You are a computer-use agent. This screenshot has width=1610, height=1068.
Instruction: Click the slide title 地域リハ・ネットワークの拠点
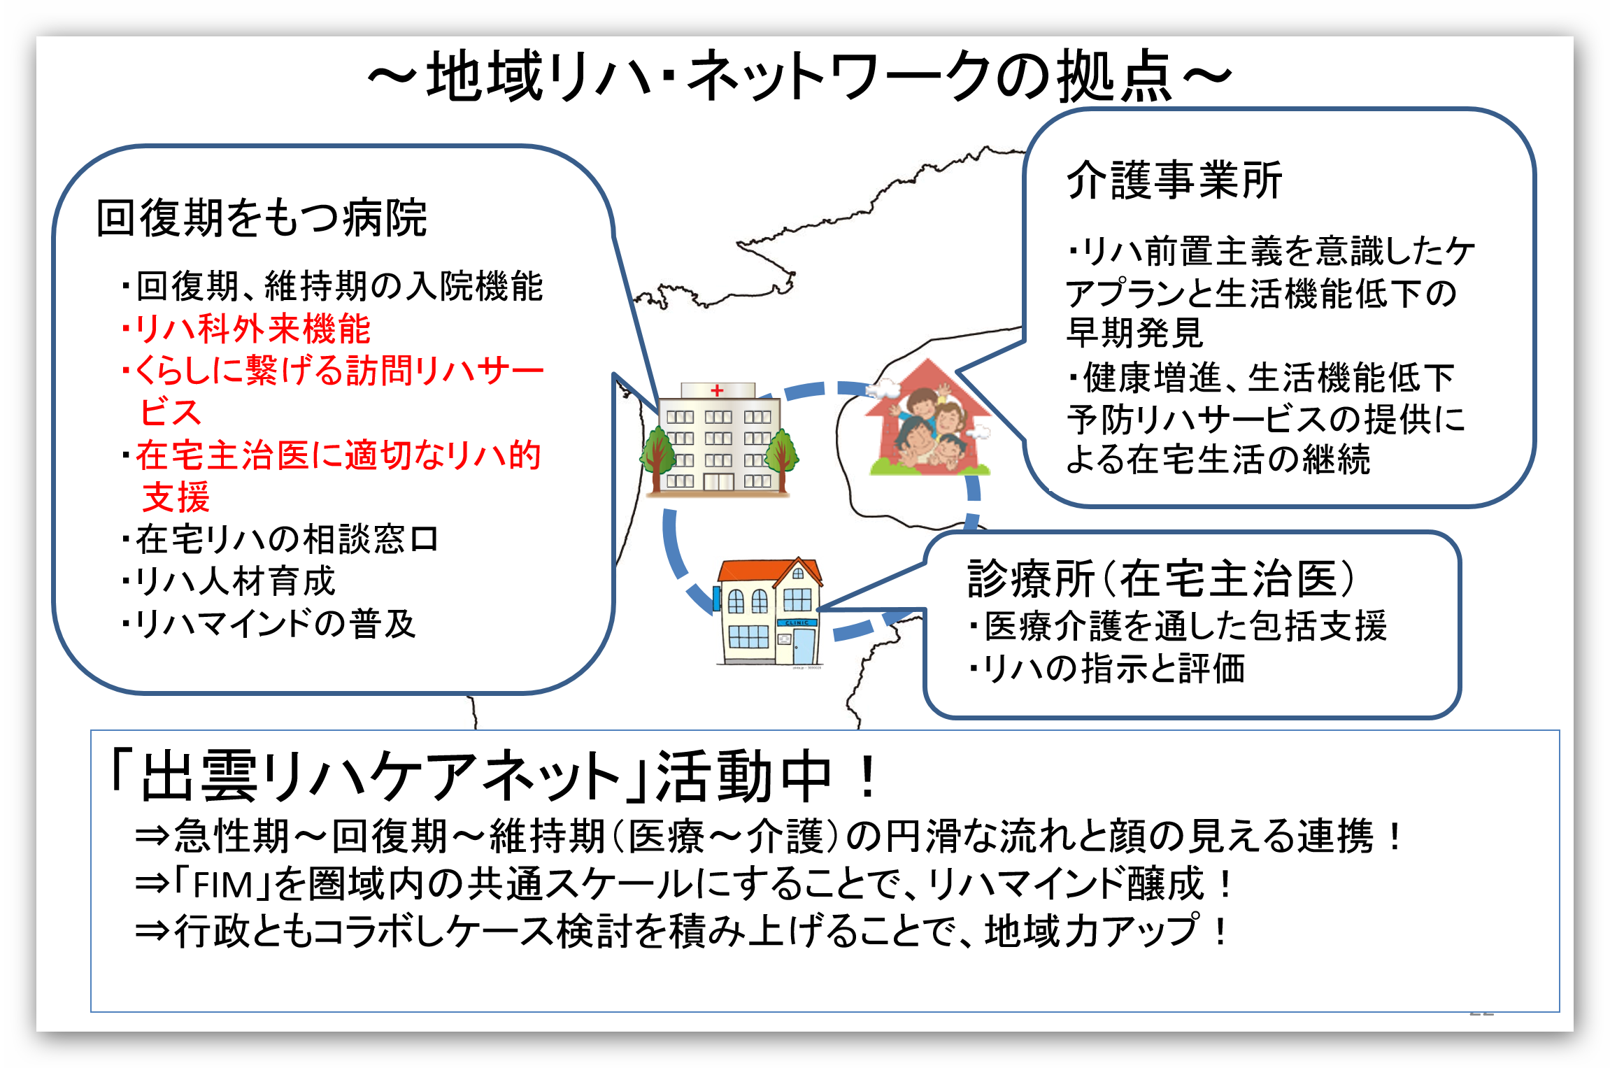pos(799,76)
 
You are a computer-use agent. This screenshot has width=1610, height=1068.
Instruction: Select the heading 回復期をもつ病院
pos(262,218)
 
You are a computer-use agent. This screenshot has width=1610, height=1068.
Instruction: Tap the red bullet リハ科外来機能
pos(246,329)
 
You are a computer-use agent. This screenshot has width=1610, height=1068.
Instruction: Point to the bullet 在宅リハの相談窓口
pos(280,539)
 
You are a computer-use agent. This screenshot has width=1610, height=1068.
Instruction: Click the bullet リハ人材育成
pos(229,581)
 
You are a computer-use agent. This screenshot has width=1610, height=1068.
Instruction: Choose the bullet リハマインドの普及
pos(269,624)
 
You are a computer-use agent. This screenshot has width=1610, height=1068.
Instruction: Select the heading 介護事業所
pos(1174,180)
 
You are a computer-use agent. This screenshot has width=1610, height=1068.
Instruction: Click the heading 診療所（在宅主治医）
pos(1161,579)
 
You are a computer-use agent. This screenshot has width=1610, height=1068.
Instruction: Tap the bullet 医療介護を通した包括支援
pos(1178,626)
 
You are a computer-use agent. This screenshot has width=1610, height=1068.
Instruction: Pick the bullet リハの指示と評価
pos(1107,669)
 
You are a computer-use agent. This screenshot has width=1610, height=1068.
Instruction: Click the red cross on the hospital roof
pos(717,390)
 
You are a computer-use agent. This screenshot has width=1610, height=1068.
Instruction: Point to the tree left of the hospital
pos(655,458)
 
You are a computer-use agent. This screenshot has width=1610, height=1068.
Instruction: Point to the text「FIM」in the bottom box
pos(222,884)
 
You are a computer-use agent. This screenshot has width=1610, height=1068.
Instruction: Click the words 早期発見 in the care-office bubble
pos(1134,332)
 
